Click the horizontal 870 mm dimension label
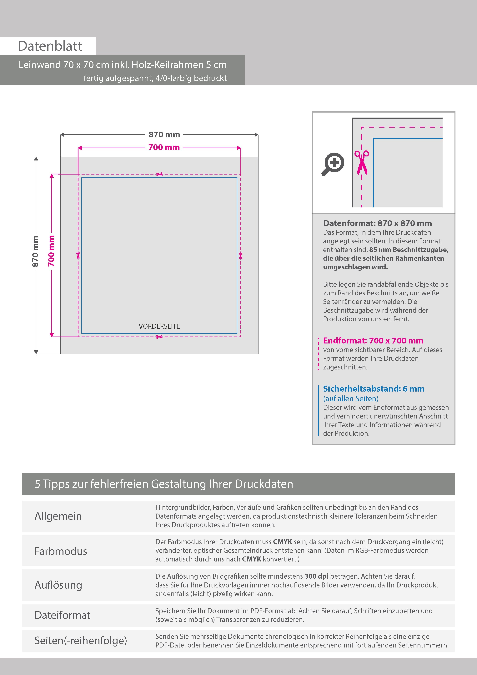(x=164, y=135)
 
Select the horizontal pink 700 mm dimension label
(x=164, y=147)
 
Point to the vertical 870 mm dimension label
(x=35, y=251)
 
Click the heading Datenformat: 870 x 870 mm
(x=377, y=223)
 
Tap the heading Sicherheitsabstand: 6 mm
(x=374, y=389)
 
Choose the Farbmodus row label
(x=61, y=551)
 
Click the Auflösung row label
(x=58, y=585)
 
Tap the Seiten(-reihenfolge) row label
(x=81, y=640)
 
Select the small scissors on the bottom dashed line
(x=159, y=337)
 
